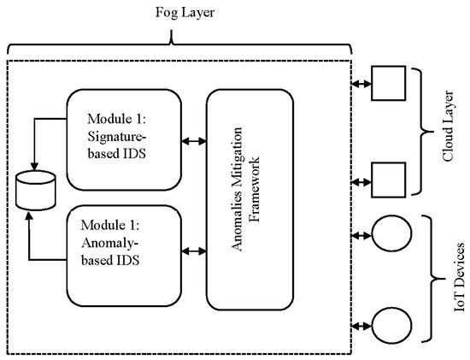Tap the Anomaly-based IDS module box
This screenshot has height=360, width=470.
pos(124,249)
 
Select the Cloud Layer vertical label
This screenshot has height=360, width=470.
pos(452,133)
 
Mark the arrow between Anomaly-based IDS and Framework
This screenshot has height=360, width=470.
pos(196,251)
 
